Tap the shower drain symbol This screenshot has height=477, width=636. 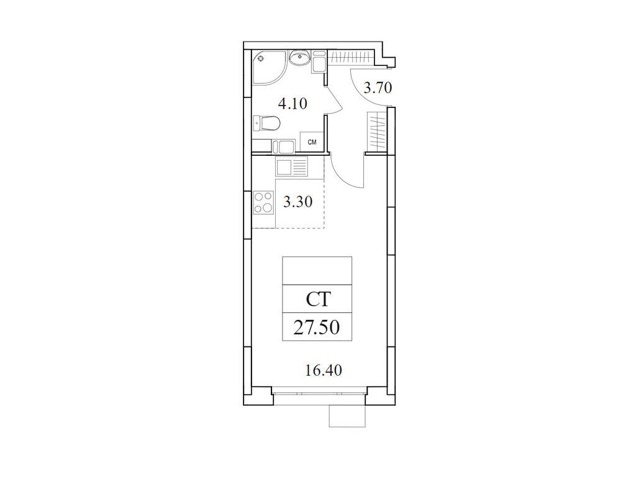[260, 58]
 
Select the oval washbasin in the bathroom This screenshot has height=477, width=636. [300, 58]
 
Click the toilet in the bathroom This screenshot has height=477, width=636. [266, 124]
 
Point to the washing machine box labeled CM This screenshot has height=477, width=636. [312, 142]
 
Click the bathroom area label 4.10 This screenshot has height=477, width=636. [293, 104]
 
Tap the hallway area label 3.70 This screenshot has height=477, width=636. [377, 88]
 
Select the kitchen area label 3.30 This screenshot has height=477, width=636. [298, 202]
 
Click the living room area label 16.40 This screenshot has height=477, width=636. [323, 370]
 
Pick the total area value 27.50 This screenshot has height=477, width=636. [317, 327]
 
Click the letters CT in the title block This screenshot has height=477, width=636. [318, 299]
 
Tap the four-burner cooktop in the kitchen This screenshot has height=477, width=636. [263, 202]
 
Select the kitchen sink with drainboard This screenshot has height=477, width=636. [291, 167]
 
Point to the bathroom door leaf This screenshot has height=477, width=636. [335, 100]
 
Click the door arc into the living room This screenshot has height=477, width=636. [342, 177]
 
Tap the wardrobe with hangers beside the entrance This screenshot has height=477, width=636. [377, 131]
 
